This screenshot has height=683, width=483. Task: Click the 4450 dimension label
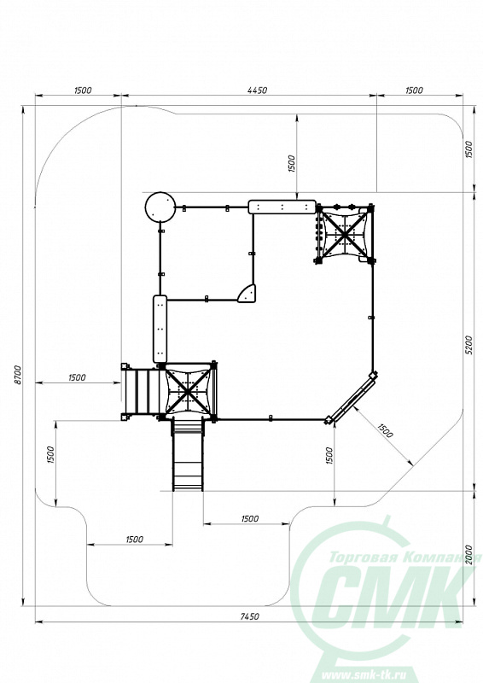pos(257,90)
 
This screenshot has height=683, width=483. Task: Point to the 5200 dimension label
pos(468,345)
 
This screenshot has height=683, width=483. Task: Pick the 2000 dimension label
pos(468,554)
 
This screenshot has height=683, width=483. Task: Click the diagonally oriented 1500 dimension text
pos(385,431)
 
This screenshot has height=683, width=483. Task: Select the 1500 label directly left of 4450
pos(83,90)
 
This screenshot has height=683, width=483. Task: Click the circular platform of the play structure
pos(160,207)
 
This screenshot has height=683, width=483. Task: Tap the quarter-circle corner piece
pos(247,294)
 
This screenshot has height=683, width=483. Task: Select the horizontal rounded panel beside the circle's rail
pos(282,207)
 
